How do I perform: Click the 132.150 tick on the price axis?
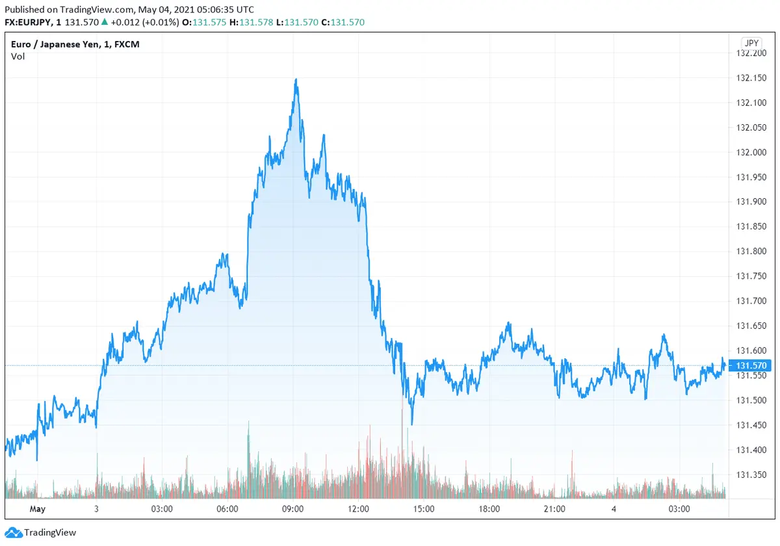click(x=751, y=78)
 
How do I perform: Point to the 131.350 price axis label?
click(x=751, y=474)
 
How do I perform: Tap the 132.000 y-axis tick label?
click(x=751, y=152)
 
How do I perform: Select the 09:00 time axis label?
click(x=292, y=508)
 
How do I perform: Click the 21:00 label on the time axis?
click(x=554, y=508)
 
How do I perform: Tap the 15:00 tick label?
click(x=423, y=508)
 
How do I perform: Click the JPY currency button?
click(x=751, y=43)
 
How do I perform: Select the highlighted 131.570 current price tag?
click(x=750, y=366)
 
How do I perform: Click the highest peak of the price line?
click(x=296, y=79)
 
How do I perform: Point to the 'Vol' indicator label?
click(x=18, y=57)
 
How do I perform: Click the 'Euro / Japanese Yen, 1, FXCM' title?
click(x=75, y=44)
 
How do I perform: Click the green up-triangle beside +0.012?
click(x=105, y=22)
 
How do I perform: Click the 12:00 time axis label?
click(x=358, y=508)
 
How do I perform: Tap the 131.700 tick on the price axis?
click(x=751, y=301)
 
